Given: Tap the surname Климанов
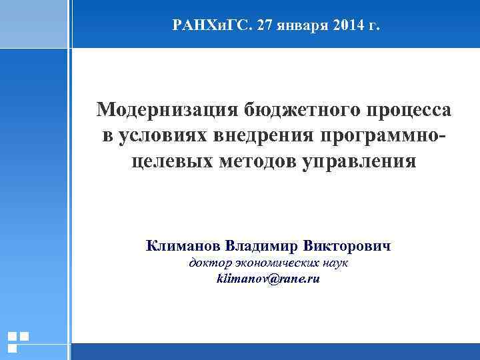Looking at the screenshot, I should click(183, 245).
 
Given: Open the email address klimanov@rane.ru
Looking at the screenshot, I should click(268, 279).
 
